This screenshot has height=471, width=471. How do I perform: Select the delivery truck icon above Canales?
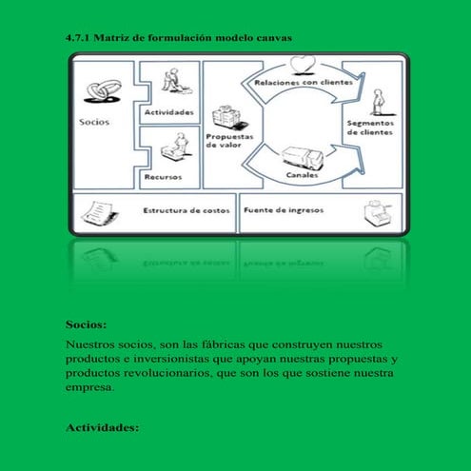point(302,157)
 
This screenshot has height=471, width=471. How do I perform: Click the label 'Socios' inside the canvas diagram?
point(94,122)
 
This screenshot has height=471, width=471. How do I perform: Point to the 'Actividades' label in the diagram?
point(169,112)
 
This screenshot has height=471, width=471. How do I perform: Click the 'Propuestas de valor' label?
point(227,142)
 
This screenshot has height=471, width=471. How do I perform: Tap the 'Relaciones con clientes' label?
point(303,83)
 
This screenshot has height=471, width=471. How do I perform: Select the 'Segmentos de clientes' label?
point(372,128)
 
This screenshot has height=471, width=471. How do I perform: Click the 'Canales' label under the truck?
point(302,176)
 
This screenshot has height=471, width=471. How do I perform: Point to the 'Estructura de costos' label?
point(186,210)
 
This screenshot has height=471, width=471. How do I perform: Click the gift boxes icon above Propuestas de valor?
point(225,117)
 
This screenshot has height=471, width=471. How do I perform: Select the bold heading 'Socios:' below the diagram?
point(86,324)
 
